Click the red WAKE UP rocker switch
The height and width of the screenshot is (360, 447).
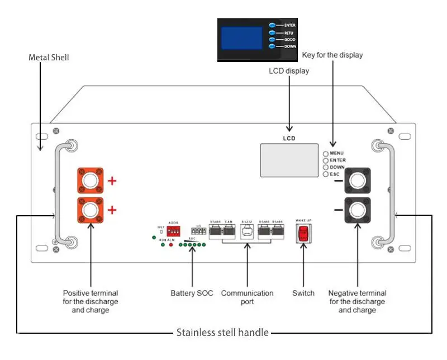click(302, 233)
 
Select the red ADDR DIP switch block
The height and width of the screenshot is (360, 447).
click(173, 230)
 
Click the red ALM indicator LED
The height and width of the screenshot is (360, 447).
click(170, 245)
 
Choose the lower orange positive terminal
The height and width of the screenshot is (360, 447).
click(90, 210)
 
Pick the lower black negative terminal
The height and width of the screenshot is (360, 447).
click(358, 210)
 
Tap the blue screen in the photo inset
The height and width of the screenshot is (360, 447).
click(241, 39)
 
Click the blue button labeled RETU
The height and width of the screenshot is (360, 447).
click(272, 33)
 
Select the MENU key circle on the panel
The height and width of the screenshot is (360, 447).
click(326, 153)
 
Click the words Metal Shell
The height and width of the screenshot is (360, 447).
click(49, 58)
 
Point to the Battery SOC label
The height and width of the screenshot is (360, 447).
click(192, 293)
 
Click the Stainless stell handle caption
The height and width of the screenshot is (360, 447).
click(223, 333)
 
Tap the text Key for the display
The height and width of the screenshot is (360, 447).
click(332, 55)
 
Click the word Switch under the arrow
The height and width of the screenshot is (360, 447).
click(303, 293)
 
